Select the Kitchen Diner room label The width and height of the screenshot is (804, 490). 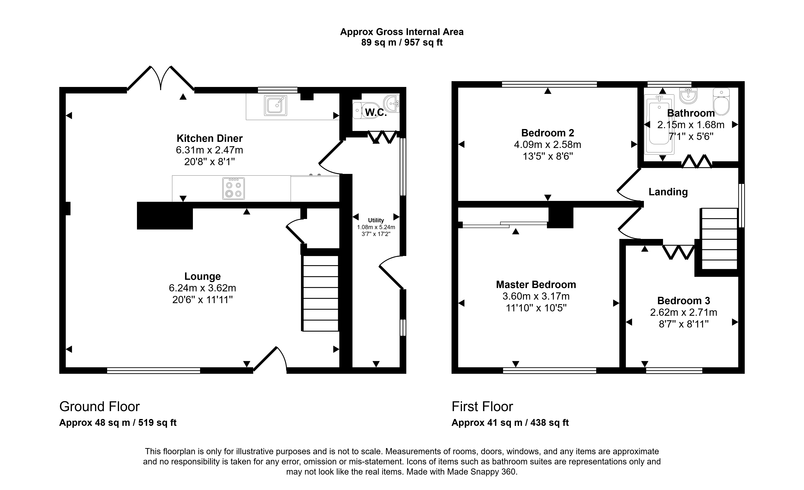click(210, 138)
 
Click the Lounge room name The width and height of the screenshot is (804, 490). click(203, 276)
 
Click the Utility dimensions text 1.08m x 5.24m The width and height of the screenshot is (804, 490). click(376, 227)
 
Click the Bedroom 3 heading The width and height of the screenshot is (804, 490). click(684, 300)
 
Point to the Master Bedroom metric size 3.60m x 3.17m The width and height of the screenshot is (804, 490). click(536, 296)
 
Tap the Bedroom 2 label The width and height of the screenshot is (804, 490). click(548, 133)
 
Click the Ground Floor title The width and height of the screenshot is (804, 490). click(100, 407)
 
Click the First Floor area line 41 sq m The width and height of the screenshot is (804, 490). click(510, 423)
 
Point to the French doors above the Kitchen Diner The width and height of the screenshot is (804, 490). click(161, 78)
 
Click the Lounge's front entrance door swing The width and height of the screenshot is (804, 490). click(270, 359)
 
